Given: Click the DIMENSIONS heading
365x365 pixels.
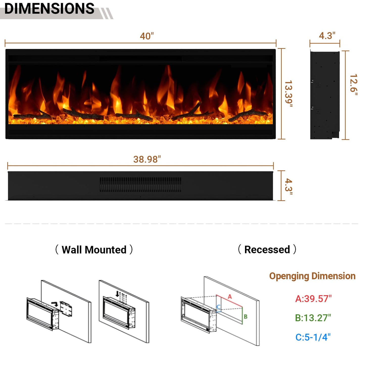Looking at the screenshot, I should [x=49, y=9].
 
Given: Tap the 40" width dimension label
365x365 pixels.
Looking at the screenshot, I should [x=147, y=36].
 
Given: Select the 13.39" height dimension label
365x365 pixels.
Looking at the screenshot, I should [x=288, y=94].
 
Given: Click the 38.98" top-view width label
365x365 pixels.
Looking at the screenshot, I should [x=147, y=159].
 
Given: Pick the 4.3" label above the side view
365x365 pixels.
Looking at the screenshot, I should [x=327, y=36].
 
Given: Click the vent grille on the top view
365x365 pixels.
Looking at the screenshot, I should [x=140, y=184].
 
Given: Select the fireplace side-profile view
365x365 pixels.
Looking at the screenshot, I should [x=325, y=95].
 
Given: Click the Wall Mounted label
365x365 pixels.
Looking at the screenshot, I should [x=94, y=250].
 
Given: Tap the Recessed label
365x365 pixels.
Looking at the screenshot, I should [x=267, y=249].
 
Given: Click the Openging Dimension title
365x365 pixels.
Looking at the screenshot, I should [x=312, y=276].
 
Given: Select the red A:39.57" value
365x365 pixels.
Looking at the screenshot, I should [x=313, y=299].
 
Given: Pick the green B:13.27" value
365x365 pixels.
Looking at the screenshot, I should [x=313, y=318].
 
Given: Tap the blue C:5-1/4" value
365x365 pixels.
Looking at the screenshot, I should [x=313, y=337].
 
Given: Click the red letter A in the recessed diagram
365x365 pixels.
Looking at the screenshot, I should [x=230, y=297].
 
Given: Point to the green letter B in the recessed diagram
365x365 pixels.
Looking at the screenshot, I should [x=245, y=317].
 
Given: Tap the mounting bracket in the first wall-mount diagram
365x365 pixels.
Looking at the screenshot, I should [x=66, y=309].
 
